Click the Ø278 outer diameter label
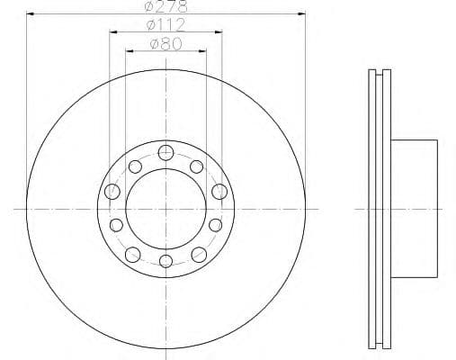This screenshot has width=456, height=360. pyautogui.click(x=165, y=7)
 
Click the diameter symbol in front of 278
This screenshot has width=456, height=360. pyautogui.click(x=150, y=7)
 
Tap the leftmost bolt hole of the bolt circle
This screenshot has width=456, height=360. pyautogui.click(x=112, y=191)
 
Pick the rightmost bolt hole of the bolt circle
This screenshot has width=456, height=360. pyautogui.click(x=219, y=191)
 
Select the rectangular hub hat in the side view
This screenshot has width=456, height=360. pyautogui.click(x=416, y=208)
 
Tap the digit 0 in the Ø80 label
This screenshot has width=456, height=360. pyautogui.click(x=177, y=42)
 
